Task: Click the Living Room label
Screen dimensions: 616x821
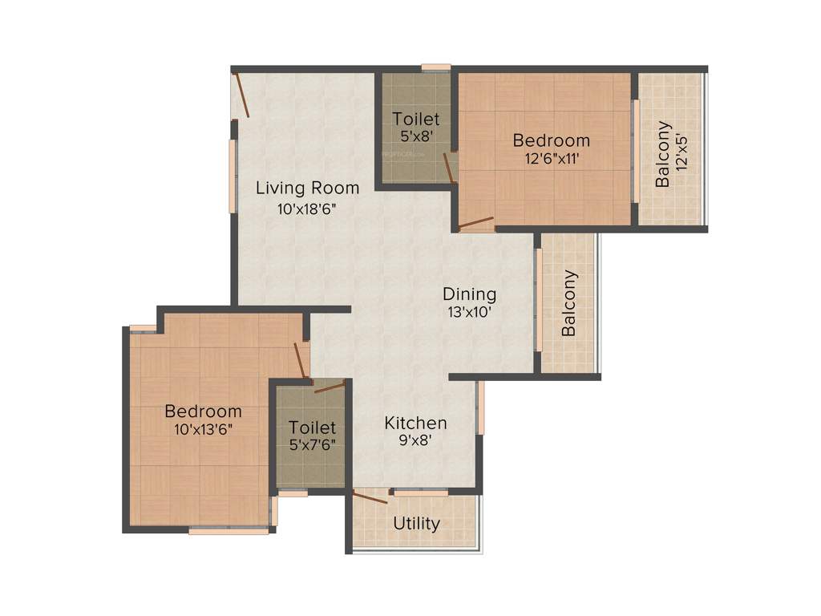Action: coord(307,188)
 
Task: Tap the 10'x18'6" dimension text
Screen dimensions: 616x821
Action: coord(307,209)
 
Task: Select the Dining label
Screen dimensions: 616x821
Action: coord(470,294)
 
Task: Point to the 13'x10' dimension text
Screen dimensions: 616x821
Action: coord(470,313)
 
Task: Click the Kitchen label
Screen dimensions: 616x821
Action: coord(415,423)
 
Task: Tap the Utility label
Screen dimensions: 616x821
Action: coord(417,524)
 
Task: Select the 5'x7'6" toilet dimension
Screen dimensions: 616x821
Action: coord(312,446)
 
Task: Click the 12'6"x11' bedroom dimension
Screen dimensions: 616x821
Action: coord(551,159)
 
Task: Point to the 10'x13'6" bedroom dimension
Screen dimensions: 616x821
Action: coord(203,429)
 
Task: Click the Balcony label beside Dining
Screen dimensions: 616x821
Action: coord(569,303)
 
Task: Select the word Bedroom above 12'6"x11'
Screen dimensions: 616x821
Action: coord(551,141)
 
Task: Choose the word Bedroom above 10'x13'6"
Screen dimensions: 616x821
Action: coord(203,411)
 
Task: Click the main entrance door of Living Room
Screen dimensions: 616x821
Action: coord(241,95)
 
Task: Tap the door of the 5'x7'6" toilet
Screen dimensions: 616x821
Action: coord(329,388)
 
